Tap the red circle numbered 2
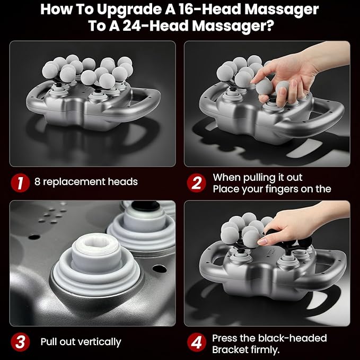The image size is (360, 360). point(196,182)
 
